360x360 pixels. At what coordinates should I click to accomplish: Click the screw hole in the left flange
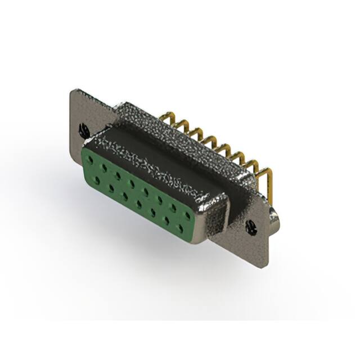coord(84,129)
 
